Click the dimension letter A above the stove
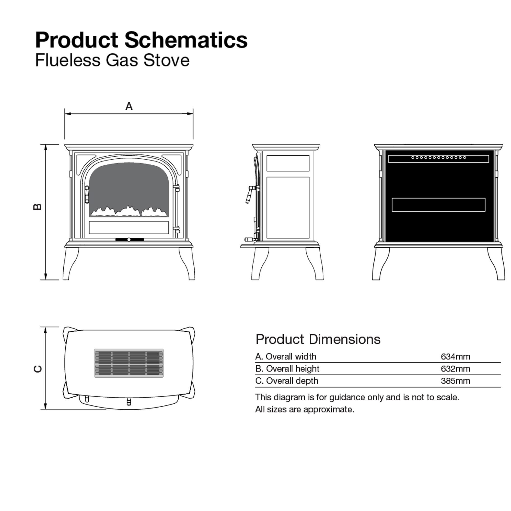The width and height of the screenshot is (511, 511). pos(129,106)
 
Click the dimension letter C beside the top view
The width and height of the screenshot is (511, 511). pos(38,369)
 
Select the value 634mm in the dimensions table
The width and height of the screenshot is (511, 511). pos(456,356)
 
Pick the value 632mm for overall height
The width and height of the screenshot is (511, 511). pos(456,369)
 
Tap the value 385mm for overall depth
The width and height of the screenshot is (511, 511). pos(456,381)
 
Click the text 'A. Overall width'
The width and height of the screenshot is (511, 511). pos(286,356)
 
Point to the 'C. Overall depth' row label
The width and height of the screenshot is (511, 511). pos(287,381)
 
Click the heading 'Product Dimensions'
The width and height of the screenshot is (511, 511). pos(318,339)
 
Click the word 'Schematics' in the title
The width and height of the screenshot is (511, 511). pos(186,40)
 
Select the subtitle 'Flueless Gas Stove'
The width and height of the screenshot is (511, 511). pos(112,60)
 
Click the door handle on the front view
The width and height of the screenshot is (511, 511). pos(87,194)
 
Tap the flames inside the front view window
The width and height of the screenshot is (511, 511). pos(129,211)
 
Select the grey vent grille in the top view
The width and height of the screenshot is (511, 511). pos(129,363)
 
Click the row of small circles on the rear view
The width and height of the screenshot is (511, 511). pos(438,158)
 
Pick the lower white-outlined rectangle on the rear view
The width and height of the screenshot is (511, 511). pos(438,205)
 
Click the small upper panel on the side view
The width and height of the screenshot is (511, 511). pos(288,163)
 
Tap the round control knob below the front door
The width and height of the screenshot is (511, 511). pos(129,240)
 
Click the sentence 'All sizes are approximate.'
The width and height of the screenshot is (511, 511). pos(305,409)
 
